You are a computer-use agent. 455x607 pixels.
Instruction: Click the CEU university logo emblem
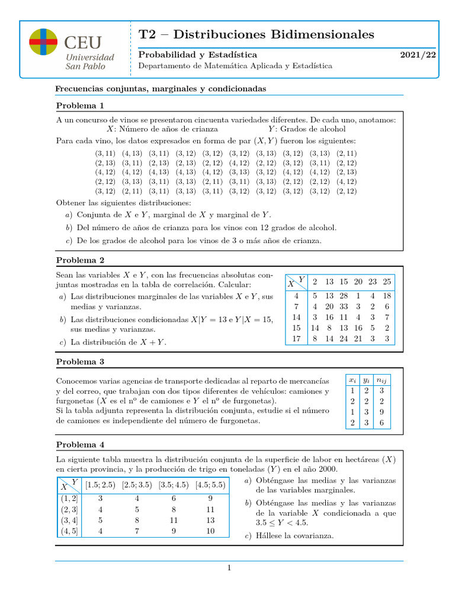tap(43, 42)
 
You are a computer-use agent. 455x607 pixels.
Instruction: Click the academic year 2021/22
tap(418, 55)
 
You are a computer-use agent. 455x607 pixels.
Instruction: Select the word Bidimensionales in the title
tap(321, 34)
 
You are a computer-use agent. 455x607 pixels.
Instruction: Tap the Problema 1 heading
tap(80, 106)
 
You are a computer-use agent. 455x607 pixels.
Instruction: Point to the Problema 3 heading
tap(80, 362)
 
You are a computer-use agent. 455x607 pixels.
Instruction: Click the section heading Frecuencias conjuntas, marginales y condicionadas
tap(161, 88)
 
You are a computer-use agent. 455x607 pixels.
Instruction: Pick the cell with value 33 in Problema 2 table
tap(343, 306)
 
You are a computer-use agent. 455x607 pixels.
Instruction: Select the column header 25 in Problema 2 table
tap(386, 282)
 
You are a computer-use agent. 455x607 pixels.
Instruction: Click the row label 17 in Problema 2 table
tap(296, 339)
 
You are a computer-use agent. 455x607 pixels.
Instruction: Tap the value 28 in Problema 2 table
tap(343, 296)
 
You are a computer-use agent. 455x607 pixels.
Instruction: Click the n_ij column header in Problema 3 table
tap(382, 379)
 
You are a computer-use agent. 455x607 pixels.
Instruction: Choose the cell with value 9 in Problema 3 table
tap(382, 411)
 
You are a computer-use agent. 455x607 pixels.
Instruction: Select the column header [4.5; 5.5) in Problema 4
tap(210, 484)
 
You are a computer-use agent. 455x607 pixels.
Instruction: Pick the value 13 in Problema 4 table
tap(210, 520)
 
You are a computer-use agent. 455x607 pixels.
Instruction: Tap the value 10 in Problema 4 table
tap(210, 531)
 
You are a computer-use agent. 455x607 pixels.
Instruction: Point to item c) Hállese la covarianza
tap(289, 536)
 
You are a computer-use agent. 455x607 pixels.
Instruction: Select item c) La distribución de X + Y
tap(113, 342)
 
